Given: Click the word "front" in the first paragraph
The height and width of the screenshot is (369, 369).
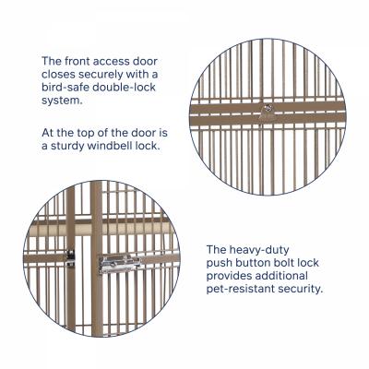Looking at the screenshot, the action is pyautogui.click(x=77, y=61).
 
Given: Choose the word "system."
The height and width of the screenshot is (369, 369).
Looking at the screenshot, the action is pyautogui.click(x=63, y=101).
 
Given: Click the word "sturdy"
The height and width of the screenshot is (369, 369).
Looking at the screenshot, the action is pyautogui.click(x=67, y=146).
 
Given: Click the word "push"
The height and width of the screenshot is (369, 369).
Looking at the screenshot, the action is pyautogui.click(x=219, y=263).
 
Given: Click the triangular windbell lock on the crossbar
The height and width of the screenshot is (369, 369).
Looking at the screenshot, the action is pyautogui.click(x=267, y=112).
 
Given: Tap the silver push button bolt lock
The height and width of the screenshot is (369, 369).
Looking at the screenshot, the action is pyautogui.click(x=120, y=264).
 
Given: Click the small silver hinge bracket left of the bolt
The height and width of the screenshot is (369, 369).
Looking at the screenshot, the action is pyautogui.click(x=71, y=258).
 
